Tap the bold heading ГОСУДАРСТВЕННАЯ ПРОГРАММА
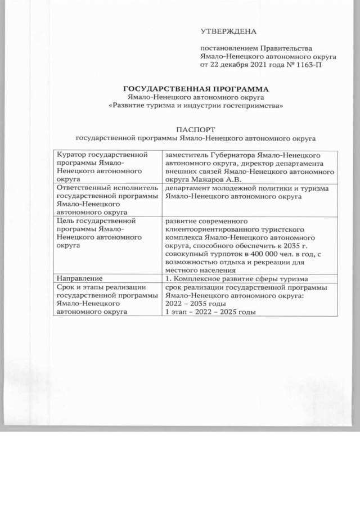tap(197, 89)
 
